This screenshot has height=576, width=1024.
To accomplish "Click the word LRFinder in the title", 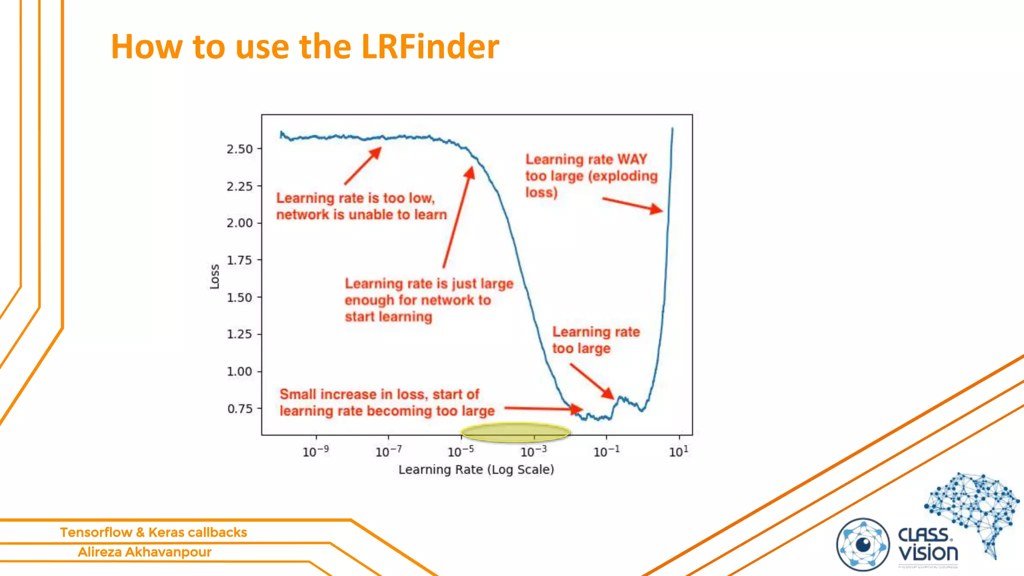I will point(429,47).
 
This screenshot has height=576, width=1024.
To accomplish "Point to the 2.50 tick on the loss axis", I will point(239,149).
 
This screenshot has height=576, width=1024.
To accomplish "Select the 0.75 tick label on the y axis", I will point(239,409).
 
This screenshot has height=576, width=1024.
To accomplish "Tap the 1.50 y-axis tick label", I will point(239,297).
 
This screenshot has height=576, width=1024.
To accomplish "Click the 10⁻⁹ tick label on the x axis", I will point(315,451).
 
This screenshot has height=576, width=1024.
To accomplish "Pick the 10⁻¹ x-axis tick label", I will point(606,451).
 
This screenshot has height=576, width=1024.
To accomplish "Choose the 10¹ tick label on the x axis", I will point(678,451).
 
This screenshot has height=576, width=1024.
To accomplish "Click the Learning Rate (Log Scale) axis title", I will point(476,469).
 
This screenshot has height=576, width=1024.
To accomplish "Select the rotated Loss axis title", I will point(214,276).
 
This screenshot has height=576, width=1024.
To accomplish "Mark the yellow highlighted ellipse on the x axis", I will point(515,432).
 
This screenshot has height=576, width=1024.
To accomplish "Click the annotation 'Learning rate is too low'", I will point(355,198).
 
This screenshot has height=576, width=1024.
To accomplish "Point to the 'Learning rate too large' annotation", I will point(595,340).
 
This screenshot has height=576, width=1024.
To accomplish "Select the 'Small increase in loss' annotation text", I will point(379,394).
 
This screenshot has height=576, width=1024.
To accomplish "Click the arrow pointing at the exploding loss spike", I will point(632,204).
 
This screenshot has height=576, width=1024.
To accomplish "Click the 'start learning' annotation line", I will point(388,317).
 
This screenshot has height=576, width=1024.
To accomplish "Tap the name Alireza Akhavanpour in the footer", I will point(144,552).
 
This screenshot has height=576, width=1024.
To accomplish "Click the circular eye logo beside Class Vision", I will point(862,544).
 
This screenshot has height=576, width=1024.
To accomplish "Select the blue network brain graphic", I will point(972,510).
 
